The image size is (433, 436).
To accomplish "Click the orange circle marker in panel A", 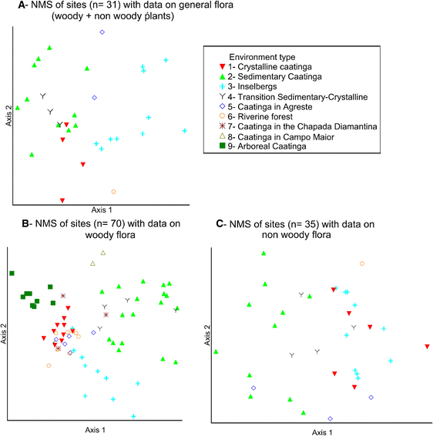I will point(113,191).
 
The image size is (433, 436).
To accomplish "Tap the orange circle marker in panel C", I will point(362,263).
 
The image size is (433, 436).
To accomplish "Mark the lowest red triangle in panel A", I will point(62,200).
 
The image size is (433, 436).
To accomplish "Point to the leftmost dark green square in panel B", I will point(12,273).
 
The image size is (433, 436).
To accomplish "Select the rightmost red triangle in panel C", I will point(427,347).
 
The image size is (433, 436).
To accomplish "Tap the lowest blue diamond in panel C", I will point(330,418).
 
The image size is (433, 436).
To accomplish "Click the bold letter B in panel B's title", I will point(25,224).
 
